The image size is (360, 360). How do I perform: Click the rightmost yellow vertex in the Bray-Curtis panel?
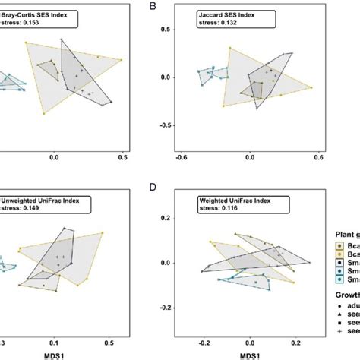click(x=123, y=58)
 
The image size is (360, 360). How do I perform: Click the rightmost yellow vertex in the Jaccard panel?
click(x=312, y=87)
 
